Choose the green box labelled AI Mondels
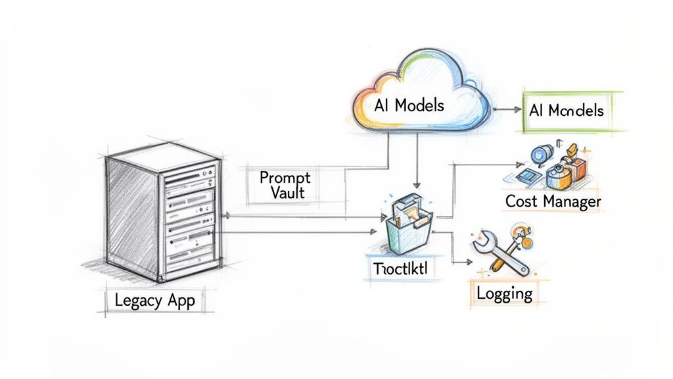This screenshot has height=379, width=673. (x=567, y=111)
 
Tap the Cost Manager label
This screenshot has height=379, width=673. (x=553, y=201)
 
